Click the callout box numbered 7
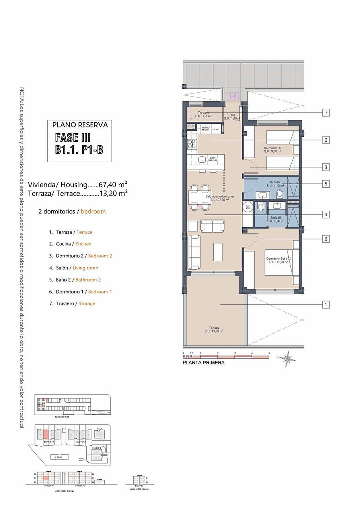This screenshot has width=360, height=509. tap(326, 113)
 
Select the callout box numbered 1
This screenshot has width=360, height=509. tap(326, 305)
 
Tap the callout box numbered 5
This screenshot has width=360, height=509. tap(326, 184)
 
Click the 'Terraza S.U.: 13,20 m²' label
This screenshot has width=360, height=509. tap(214, 329)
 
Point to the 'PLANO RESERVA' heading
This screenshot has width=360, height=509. tap(80, 125)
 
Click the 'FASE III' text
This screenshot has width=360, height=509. tap(73, 138)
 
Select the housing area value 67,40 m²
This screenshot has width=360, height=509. tap(113, 185)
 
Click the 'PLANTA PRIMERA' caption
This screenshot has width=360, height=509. tap(203, 363)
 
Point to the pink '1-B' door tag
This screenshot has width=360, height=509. tap(233, 96)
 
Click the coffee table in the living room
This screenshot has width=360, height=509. tap(218, 252)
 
